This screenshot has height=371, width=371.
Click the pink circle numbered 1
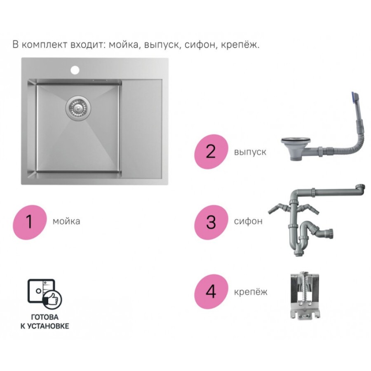point(30,222)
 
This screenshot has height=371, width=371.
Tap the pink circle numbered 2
point(211,152)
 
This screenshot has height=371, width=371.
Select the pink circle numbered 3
point(211,222)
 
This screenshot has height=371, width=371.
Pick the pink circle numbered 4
point(211,292)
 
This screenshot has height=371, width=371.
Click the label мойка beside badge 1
point(66,221)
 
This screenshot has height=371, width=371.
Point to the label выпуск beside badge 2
point(250,152)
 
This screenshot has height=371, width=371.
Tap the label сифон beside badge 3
point(248,221)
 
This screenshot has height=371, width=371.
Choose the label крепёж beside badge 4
point(251,291)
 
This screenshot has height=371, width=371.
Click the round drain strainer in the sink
point(78,107)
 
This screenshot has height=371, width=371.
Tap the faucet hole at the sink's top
point(75,70)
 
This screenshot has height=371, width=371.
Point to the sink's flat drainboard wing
point(142,129)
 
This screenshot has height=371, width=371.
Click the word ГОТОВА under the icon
point(45,317)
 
